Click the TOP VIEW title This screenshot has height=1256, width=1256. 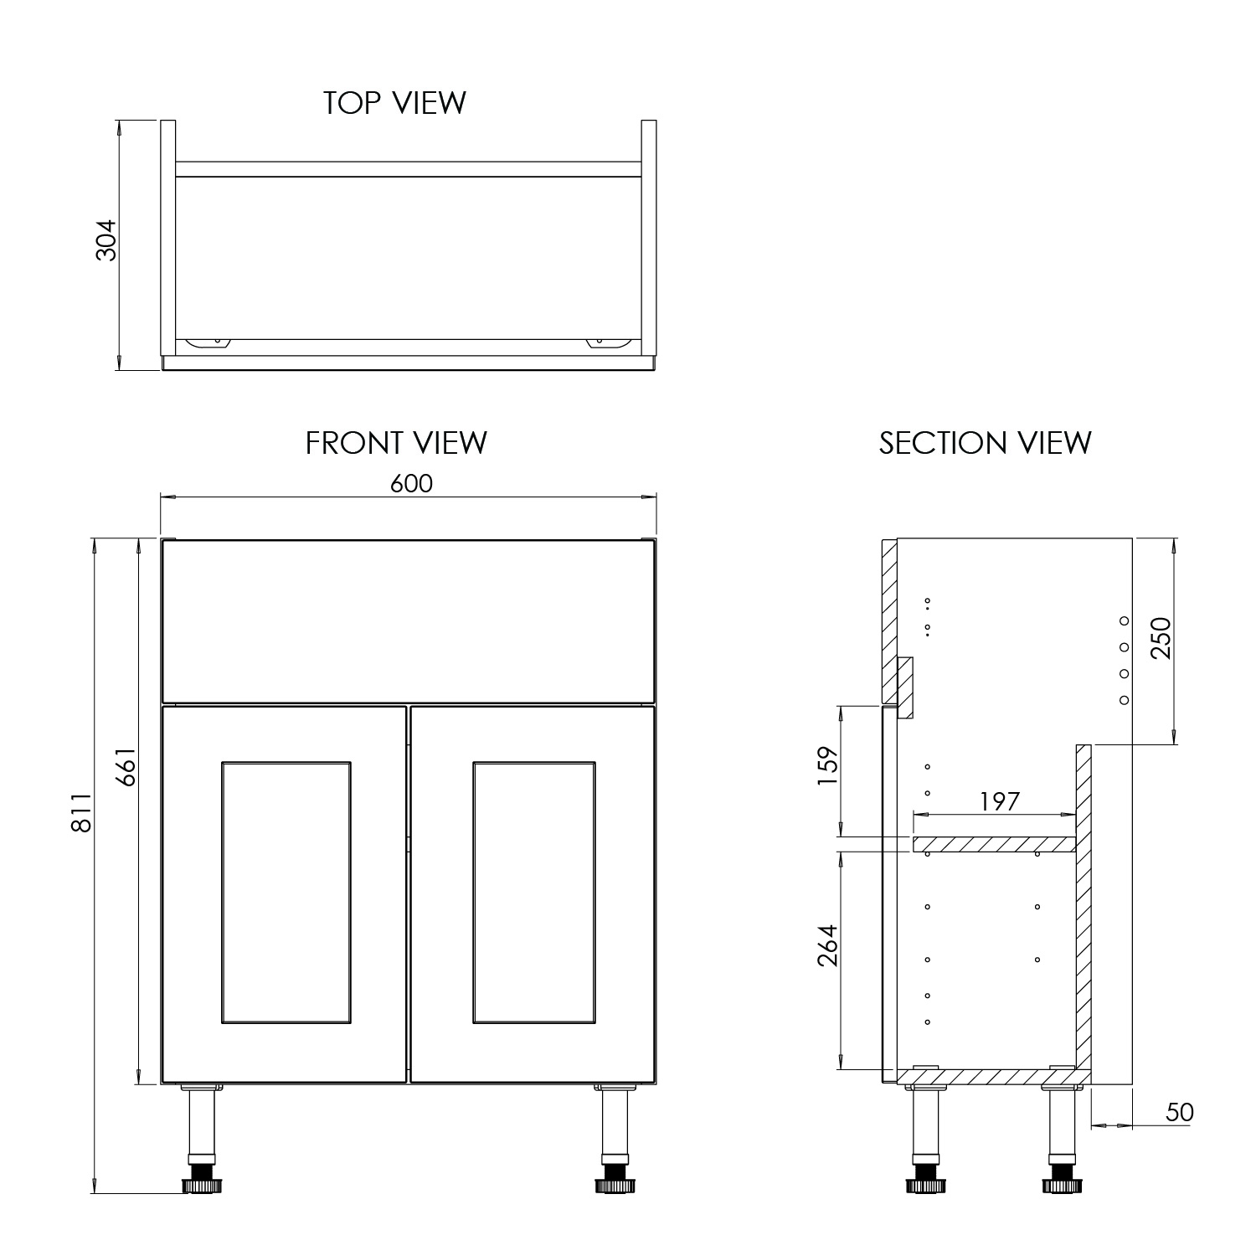pyautogui.click(x=394, y=103)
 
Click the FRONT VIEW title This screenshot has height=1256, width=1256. pyautogui.click(x=396, y=443)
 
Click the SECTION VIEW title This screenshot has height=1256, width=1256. pyautogui.click(x=985, y=443)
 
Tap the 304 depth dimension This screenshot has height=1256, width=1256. pyautogui.click(x=107, y=240)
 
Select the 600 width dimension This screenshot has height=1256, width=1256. pyautogui.click(x=412, y=484)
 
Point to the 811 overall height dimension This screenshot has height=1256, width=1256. pyautogui.click(x=81, y=812)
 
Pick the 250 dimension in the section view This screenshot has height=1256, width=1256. pyautogui.click(x=1161, y=637)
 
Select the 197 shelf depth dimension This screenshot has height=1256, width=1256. pyautogui.click(x=1000, y=801)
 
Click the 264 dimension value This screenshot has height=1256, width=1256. pyautogui.click(x=826, y=945)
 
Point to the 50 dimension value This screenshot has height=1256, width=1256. pyautogui.click(x=1179, y=1112)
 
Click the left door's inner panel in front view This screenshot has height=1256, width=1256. pyautogui.click(x=286, y=893)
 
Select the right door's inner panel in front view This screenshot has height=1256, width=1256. pyautogui.click(x=533, y=893)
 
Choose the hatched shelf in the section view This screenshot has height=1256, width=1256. pyautogui.click(x=994, y=844)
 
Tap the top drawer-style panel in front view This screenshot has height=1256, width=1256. pyautogui.click(x=408, y=620)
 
